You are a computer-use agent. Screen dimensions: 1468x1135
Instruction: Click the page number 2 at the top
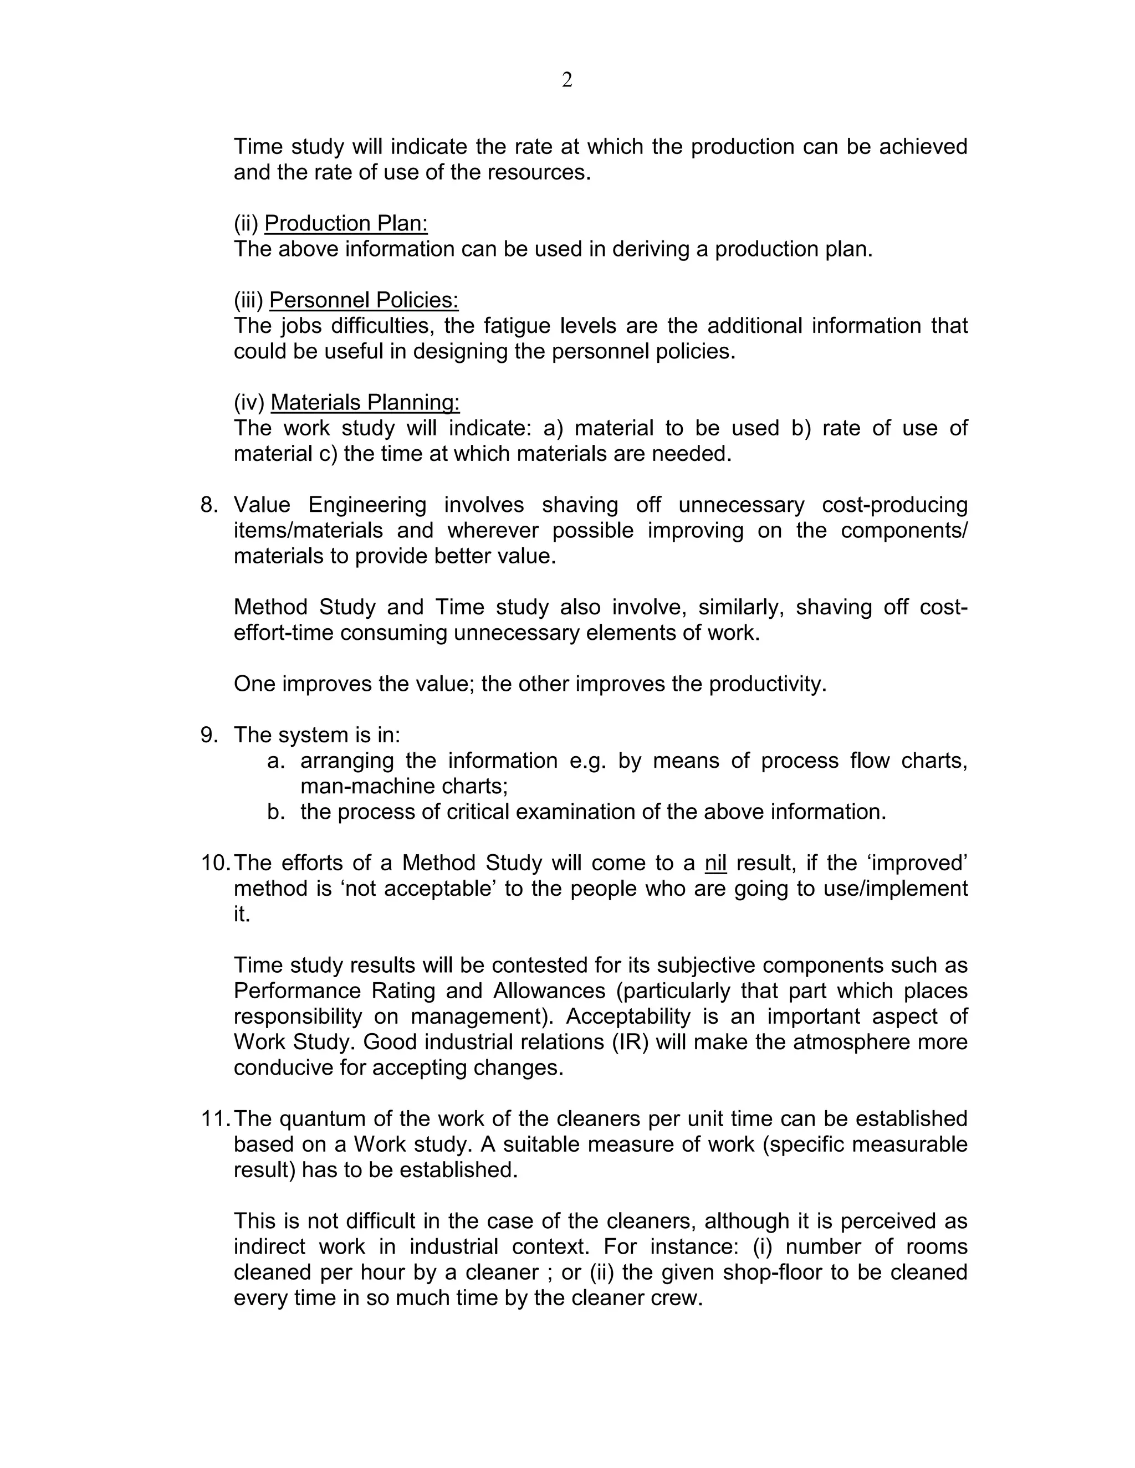567,80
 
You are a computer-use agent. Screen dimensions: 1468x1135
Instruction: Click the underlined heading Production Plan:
346,223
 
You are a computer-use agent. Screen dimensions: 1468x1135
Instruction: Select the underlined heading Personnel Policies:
364,300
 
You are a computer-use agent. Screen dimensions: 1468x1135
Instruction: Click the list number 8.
209,504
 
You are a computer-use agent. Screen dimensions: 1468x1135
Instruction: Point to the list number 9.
209,735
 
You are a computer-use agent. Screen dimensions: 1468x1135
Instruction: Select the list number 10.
215,863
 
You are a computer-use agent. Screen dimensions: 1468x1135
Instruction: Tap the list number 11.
215,1118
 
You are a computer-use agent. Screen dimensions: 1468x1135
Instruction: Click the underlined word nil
715,863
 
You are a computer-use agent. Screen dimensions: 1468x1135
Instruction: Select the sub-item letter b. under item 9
275,812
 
